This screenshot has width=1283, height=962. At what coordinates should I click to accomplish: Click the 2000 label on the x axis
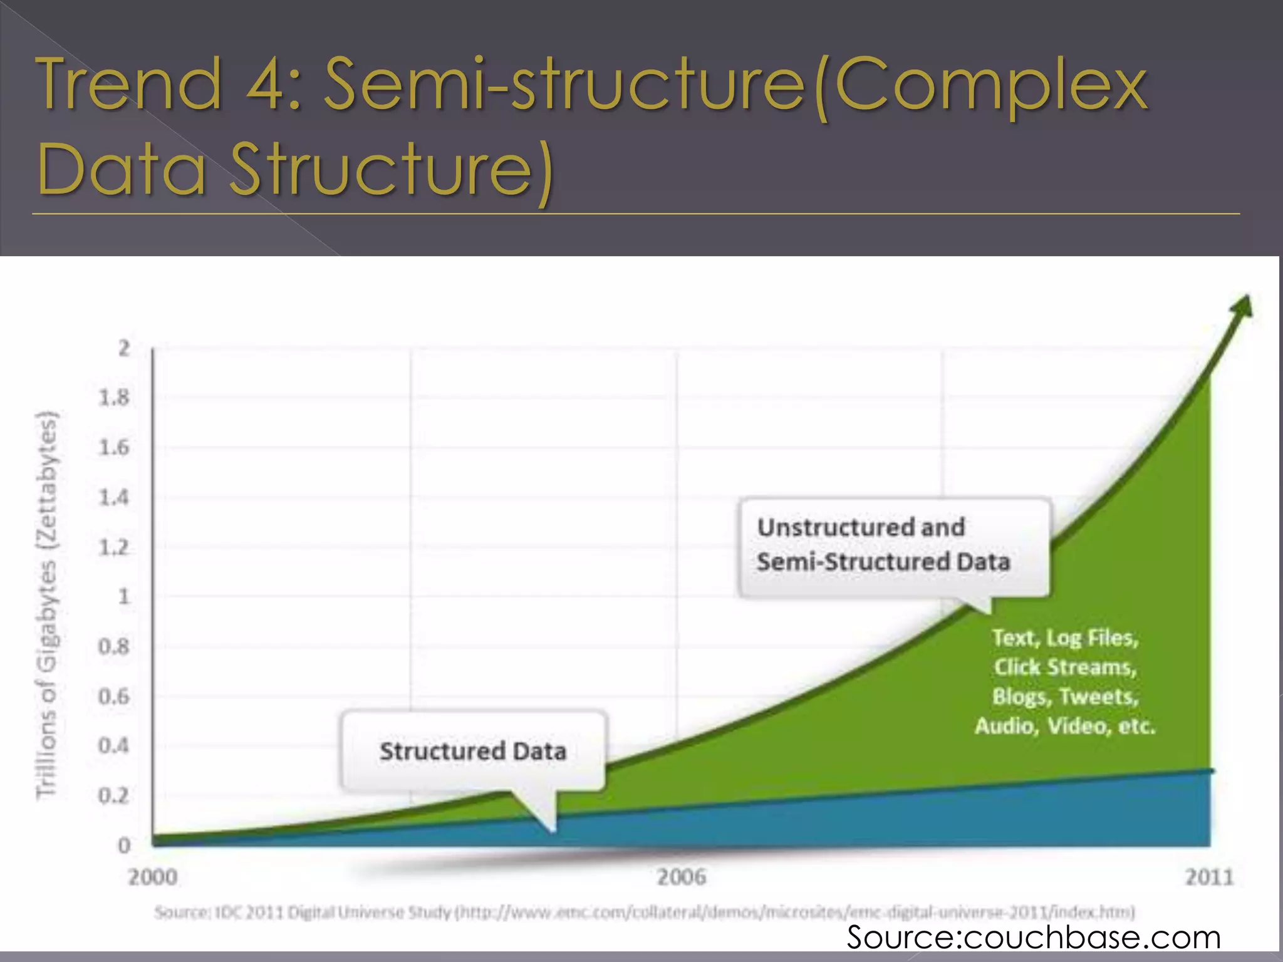(x=152, y=877)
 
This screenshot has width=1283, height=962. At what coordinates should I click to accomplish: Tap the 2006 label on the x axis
(x=681, y=877)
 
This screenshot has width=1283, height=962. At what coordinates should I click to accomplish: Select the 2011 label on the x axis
(x=1208, y=877)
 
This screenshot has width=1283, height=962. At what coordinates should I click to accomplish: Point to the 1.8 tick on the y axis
(x=114, y=398)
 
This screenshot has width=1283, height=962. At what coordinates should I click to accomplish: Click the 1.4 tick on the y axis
(x=114, y=498)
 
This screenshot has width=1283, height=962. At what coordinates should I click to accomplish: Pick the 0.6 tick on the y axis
(x=114, y=696)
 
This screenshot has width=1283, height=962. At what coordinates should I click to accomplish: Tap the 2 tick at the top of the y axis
(x=123, y=348)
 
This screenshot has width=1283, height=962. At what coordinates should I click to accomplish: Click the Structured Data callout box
(x=473, y=751)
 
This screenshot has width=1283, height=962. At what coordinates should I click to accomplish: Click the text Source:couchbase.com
(x=1034, y=938)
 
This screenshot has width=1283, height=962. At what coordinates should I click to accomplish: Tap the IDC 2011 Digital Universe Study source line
(x=645, y=912)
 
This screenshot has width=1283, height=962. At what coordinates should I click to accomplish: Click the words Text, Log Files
(x=1065, y=638)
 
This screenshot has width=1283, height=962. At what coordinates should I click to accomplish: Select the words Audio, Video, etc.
(x=1065, y=727)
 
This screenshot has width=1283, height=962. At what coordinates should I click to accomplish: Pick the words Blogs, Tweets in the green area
(x=1065, y=696)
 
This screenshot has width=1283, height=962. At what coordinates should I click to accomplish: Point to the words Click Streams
(x=1065, y=667)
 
